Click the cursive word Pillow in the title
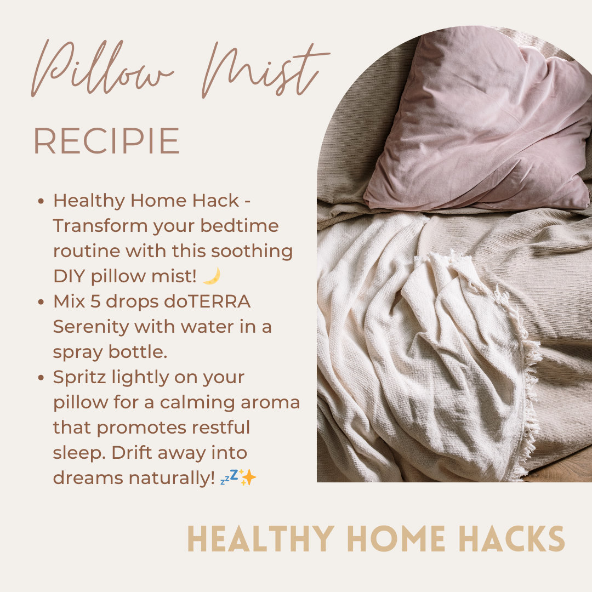102,68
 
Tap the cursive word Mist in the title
264,70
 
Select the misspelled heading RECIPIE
107,141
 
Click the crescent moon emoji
212,276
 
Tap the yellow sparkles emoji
248,477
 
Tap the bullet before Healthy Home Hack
41,201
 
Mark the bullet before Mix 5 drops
41,302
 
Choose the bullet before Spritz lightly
41,378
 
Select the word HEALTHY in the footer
261,538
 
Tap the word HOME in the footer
396,538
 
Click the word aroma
270,402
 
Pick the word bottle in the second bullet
138,351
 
